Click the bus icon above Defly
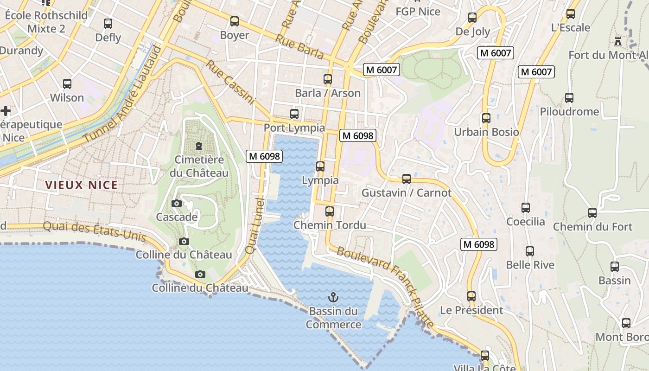click(x=108, y=23)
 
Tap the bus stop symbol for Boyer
click(x=235, y=21)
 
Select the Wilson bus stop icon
click(x=67, y=84)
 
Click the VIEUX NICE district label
click(x=82, y=185)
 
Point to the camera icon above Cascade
click(x=176, y=203)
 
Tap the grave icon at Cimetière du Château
click(x=199, y=146)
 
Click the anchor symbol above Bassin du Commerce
click(x=332, y=297)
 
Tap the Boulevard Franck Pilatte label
click(x=386, y=287)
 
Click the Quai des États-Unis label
click(x=94, y=232)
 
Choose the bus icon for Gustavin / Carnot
click(x=407, y=179)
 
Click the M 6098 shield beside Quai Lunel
click(x=264, y=156)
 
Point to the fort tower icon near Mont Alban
click(x=617, y=41)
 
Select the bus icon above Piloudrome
click(x=569, y=98)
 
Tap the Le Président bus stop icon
click(x=471, y=296)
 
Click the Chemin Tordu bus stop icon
click(x=330, y=211)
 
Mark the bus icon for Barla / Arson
click(x=328, y=79)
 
